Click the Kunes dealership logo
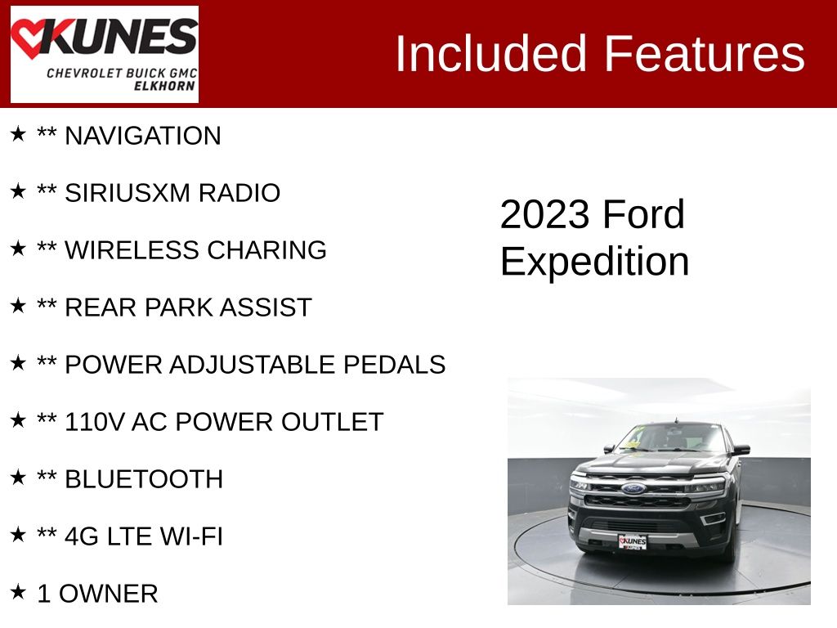[104, 54]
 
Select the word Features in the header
[705, 54]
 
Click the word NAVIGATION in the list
[142, 136]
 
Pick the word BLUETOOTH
[143, 479]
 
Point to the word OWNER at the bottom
[109, 594]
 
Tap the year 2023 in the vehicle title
[544, 215]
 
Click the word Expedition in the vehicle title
[594, 262]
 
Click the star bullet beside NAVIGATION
[17, 133]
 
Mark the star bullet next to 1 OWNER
[17, 591]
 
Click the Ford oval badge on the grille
[633, 488]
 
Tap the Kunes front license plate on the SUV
[632, 541]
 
